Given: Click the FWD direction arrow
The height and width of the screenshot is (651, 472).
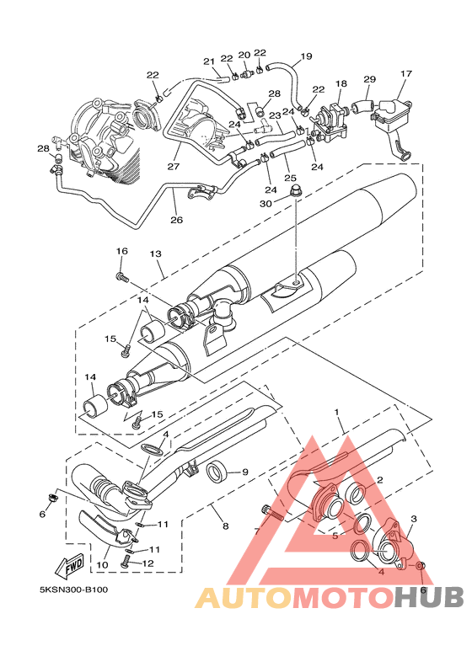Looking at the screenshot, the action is [70, 566].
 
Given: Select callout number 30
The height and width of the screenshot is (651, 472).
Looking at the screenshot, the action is [266, 204].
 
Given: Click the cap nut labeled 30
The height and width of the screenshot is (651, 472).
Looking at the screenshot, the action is [295, 191].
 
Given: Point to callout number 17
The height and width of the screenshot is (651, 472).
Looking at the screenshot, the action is [406, 74].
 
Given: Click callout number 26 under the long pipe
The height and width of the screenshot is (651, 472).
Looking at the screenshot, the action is [177, 220].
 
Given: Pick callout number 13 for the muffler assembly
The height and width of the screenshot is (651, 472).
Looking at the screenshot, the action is [155, 253].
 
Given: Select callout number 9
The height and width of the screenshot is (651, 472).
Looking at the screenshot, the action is [244, 472].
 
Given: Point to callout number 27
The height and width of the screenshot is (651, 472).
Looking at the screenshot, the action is [174, 166].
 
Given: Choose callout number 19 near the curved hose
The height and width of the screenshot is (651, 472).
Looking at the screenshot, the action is [306, 56].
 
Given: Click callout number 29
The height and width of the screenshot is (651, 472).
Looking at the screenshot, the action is [369, 79].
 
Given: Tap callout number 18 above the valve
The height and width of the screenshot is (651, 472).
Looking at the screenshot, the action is [341, 84].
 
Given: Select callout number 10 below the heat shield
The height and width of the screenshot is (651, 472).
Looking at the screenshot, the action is [102, 565].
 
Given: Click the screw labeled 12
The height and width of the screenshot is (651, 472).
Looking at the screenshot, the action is [126, 563].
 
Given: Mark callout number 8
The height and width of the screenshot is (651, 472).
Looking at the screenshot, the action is [226, 526].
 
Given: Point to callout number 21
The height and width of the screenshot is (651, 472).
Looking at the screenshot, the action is [208, 61].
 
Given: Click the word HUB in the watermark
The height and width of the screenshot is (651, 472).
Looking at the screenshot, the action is [429, 598].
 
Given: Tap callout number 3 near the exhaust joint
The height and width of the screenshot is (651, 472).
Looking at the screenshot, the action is [413, 519].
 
